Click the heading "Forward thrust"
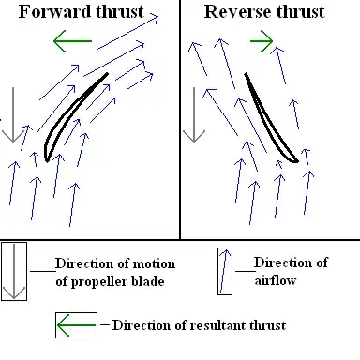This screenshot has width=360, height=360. [82, 13]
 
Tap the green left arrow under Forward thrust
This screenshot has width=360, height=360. [72, 41]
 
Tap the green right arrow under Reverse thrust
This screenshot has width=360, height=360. [262, 41]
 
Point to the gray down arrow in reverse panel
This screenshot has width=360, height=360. [194, 112]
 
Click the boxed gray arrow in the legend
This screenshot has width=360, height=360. [14, 271]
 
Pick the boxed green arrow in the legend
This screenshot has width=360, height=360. [75, 325]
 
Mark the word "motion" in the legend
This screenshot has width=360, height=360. [160, 262]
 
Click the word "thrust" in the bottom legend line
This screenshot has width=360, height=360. [265, 325]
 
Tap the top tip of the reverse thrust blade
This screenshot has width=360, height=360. [247, 74]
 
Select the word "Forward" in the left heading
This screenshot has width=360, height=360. [54, 13]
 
